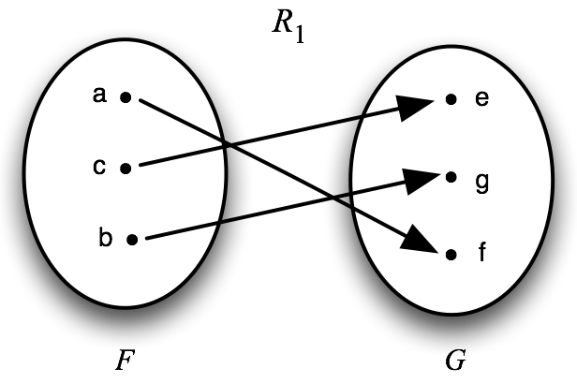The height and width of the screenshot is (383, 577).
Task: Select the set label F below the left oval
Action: [124, 359]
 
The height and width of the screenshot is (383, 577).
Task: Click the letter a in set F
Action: [100, 94]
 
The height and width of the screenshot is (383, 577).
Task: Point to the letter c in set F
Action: [100, 167]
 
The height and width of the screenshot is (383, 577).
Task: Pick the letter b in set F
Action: [104, 236]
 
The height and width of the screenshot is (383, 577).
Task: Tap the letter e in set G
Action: [481, 97]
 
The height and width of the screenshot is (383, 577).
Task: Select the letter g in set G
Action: [481, 179]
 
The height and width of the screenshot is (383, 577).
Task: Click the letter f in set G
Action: [481, 253]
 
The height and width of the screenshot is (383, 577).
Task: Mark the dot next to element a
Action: [126, 96]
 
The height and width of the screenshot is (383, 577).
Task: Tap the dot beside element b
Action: [133, 240]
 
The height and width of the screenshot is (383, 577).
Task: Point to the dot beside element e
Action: [451, 98]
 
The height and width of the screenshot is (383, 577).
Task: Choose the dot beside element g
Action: [451, 176]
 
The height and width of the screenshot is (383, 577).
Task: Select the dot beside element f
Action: [451, 254]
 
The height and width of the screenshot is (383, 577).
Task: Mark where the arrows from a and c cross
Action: [228, 143]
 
